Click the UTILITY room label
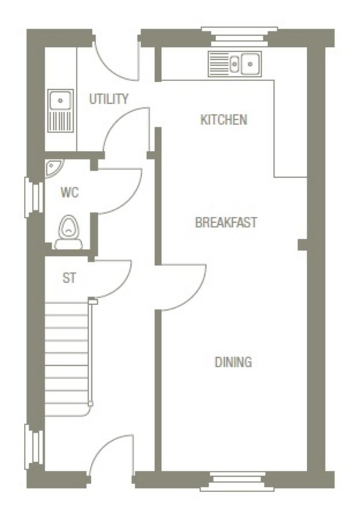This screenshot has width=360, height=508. pyautogui.click(x=108, y=99)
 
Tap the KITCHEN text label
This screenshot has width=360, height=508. pyautogui.click(x=223, y=120)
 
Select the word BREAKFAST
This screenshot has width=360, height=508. pyautogui.click(x=226, y=222)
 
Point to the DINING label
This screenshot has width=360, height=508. pyautogui.click(x=233, y=362)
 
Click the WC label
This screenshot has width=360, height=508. pyautogui.click(x=69, y=193)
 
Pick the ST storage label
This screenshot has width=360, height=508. pyautogui.click(x=69, y=278)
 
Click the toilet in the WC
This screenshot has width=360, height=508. pyautogui.click(x=67, y=233)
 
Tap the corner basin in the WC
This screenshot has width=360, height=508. pyautogui.click(x=53, y=167)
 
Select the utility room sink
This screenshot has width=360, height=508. pyautogui.click(x=60, y=110)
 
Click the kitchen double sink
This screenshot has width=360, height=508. pyautogui.click(x=235, y=64)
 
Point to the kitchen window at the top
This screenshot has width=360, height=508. pyautogui.click(x=239, y=36)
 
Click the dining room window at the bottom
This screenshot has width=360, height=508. pyautogui.click(x=239, y=482)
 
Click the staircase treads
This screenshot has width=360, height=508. pyautogui.click(x=67, y=360)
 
